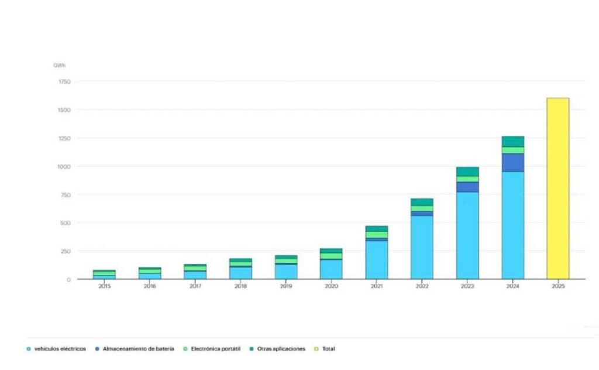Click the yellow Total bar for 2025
coord(557,187)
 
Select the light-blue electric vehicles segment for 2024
coord(512,225)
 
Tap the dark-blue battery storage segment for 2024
coord(512,162)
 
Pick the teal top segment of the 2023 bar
coord(467,172)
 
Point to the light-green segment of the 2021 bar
coord(376,234)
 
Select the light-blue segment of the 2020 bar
coord(331,269)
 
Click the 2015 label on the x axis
coord(105,286)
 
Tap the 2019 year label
coord(286,286)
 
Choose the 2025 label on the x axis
coord(557,286)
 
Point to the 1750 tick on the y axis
coord(64,81)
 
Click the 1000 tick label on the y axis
coord(64,166)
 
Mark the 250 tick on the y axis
coord(64,251)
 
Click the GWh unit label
coord(59,65)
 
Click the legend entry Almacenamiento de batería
coord(138,349)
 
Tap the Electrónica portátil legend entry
coord(216,349)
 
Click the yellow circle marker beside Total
coord(316,349)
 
